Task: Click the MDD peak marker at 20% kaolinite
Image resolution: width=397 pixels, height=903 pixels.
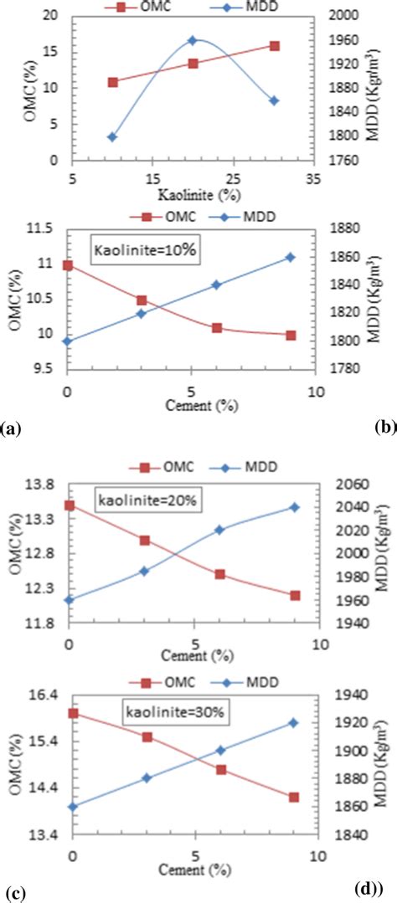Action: [193, 40]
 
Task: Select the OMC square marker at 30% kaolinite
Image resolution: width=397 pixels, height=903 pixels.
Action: [275, 46]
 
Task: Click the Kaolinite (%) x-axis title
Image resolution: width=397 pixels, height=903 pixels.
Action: [192, 194]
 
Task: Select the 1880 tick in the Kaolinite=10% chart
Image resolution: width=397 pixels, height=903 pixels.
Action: [347, 229]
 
